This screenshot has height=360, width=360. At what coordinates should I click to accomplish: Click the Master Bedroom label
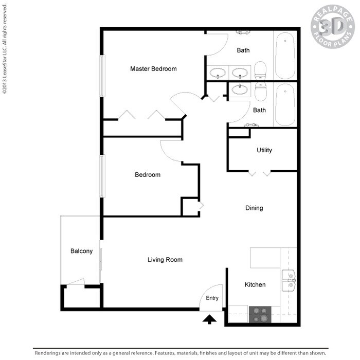click(153, 69)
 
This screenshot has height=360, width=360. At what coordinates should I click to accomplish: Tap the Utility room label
click(264, 151)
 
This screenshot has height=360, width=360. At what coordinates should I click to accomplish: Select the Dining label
click(254, 208)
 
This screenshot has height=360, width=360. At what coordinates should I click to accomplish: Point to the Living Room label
click(165, 260)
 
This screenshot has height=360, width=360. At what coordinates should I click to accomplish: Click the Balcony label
click(82, 251)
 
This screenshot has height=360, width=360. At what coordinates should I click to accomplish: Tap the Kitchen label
click(255, 285)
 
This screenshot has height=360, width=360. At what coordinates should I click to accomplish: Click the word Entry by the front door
click(212, 298)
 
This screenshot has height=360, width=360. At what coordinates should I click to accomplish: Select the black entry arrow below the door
click(209, 320)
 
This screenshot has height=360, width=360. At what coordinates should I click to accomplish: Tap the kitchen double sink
click(290, 279)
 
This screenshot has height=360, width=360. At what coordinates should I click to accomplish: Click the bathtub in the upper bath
click(284, 56)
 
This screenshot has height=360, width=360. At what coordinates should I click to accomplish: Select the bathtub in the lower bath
click(284, 105)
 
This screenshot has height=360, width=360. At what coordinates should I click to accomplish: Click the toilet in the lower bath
click(261, 92)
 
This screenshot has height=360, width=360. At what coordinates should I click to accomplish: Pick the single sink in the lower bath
click(239, 91)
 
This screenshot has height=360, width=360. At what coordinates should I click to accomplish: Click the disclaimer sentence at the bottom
click(180, 353)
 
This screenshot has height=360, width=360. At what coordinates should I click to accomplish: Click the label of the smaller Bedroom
click(148, 175)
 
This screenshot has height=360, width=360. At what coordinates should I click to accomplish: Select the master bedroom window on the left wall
click(102, 76)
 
